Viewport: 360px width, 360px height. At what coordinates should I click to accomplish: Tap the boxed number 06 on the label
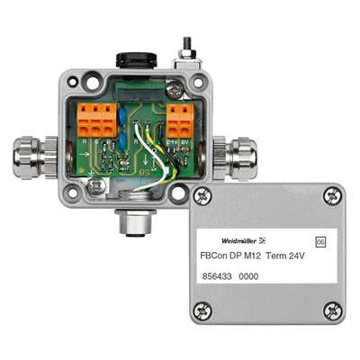(320, 242)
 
